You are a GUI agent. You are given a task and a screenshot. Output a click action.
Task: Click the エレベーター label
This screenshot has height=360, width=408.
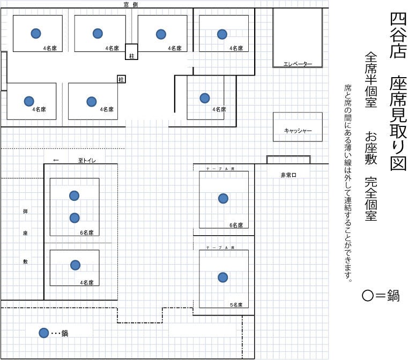[298, 64]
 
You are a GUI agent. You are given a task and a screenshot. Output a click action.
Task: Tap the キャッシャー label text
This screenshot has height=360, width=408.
[298, 131]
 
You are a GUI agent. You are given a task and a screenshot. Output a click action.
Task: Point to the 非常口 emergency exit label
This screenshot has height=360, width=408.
[288, 175]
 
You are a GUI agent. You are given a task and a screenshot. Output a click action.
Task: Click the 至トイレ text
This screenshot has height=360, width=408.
[87, 160]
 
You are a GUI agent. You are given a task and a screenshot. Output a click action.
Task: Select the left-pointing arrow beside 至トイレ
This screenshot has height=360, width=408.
[56, 160]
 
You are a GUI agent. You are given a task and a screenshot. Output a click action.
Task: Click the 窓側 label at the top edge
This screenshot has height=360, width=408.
[131, 4]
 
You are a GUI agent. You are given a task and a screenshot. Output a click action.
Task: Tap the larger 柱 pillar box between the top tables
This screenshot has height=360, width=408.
[131, 52]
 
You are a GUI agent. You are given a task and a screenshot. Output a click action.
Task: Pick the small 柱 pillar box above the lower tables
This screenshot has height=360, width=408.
[121, 79]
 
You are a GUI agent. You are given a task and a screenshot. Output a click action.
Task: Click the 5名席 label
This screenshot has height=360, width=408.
[236, 305]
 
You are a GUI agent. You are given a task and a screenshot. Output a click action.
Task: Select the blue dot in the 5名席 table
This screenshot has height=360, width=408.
[222, 277]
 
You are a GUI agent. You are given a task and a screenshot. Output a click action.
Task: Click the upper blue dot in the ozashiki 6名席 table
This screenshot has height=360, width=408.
[74, 196]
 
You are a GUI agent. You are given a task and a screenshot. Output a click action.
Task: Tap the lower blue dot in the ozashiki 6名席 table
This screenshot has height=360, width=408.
[75, 218]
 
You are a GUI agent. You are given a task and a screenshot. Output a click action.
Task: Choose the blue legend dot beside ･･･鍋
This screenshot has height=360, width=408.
[44, 333]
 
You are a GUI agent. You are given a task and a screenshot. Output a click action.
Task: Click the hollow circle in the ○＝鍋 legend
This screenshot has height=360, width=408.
[368, 296]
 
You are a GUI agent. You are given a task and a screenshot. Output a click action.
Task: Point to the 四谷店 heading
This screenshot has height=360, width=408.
[398, 35]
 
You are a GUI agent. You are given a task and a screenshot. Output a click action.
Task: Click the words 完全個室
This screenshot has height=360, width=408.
[371, 199]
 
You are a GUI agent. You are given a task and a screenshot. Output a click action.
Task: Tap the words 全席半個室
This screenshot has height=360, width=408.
[371, 79]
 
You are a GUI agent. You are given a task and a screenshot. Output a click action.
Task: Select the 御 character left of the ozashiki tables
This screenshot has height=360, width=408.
[25, 211]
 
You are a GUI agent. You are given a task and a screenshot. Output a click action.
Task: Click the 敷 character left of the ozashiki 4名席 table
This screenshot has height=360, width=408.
[25, 261]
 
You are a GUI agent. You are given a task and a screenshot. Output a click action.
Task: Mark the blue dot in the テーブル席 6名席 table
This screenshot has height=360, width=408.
[223, 199]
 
